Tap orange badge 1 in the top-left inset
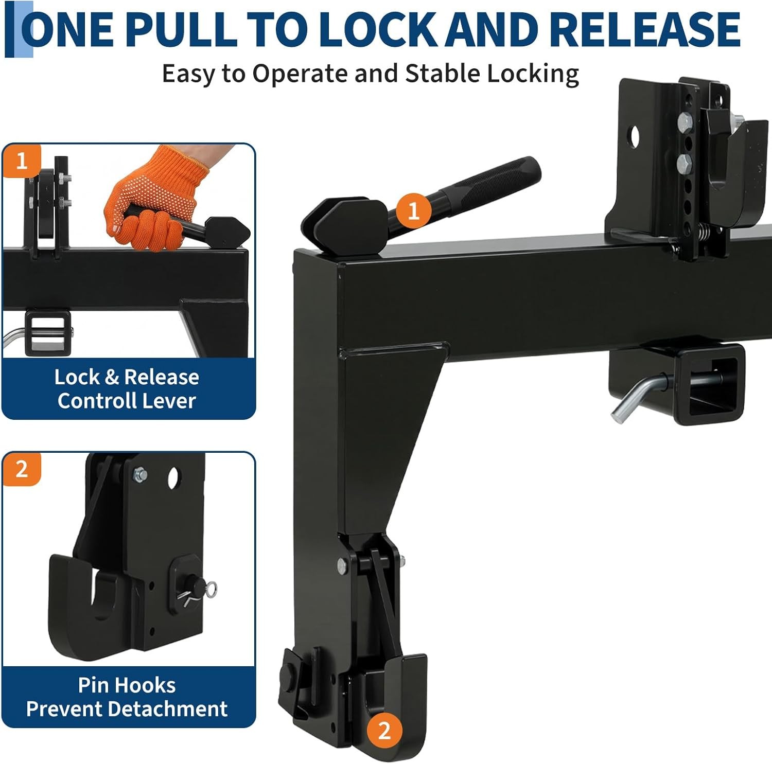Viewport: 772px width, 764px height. click(x=21, y=161)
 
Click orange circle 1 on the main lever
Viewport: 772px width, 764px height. click(x=414, y=210)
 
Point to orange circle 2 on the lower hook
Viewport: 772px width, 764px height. click(x=384, y=730)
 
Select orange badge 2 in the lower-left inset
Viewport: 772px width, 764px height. click(x=21, y=469)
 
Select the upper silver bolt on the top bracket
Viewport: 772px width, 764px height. click(x=685, y=122)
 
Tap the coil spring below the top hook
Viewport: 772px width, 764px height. click(x=706, y=235)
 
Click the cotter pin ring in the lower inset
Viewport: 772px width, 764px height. click(x=210, y=586)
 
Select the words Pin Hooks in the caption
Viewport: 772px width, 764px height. click(x=127, y=685)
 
